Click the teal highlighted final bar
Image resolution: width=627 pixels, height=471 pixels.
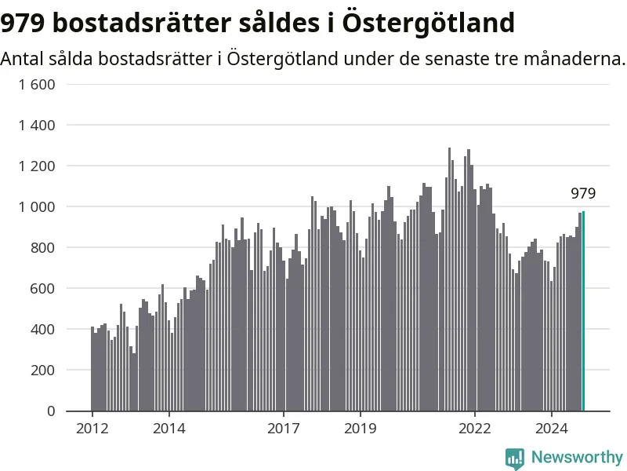coord(583,311)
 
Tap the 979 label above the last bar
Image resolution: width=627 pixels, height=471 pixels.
coord(583,193)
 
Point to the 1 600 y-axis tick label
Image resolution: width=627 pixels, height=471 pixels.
coord(37,85)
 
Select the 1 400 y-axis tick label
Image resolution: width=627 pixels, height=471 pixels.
coord(37,126)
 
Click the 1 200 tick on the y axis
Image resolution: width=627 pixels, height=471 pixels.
coord(37,166)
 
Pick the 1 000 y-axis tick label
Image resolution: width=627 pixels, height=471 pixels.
coord(37,207)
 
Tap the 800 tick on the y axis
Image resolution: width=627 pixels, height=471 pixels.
coord(43,248)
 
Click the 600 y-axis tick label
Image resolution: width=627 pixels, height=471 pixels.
coord(43,289)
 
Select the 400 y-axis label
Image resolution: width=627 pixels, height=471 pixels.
coord(43,330)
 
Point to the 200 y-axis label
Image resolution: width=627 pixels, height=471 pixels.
coord(43,371)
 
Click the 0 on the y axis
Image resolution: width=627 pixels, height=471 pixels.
coord(51,411)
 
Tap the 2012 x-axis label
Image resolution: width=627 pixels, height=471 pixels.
coord(92,429)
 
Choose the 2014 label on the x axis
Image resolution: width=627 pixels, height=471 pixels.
coord(169,429)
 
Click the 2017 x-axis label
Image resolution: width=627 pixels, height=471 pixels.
coord(284,429)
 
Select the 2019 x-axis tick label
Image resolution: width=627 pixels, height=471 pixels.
coord(361,429)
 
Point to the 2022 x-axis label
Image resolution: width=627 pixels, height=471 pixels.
coord(475,429)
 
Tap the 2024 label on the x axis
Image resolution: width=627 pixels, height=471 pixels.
coord(552,429)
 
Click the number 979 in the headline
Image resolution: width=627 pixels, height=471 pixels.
coord(23,23)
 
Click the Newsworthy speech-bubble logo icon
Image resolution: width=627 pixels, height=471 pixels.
coord(515,458)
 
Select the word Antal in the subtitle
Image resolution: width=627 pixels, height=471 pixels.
coord(22,59)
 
